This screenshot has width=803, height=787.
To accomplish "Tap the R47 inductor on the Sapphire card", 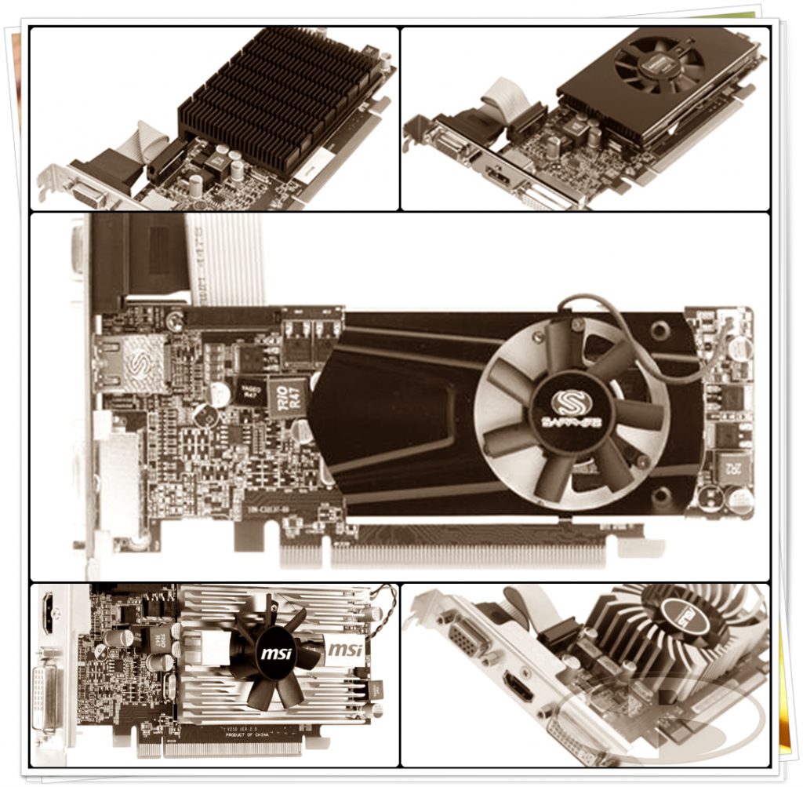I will [x=288, y=396].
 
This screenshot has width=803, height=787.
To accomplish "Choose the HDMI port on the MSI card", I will [x=47, y=613].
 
